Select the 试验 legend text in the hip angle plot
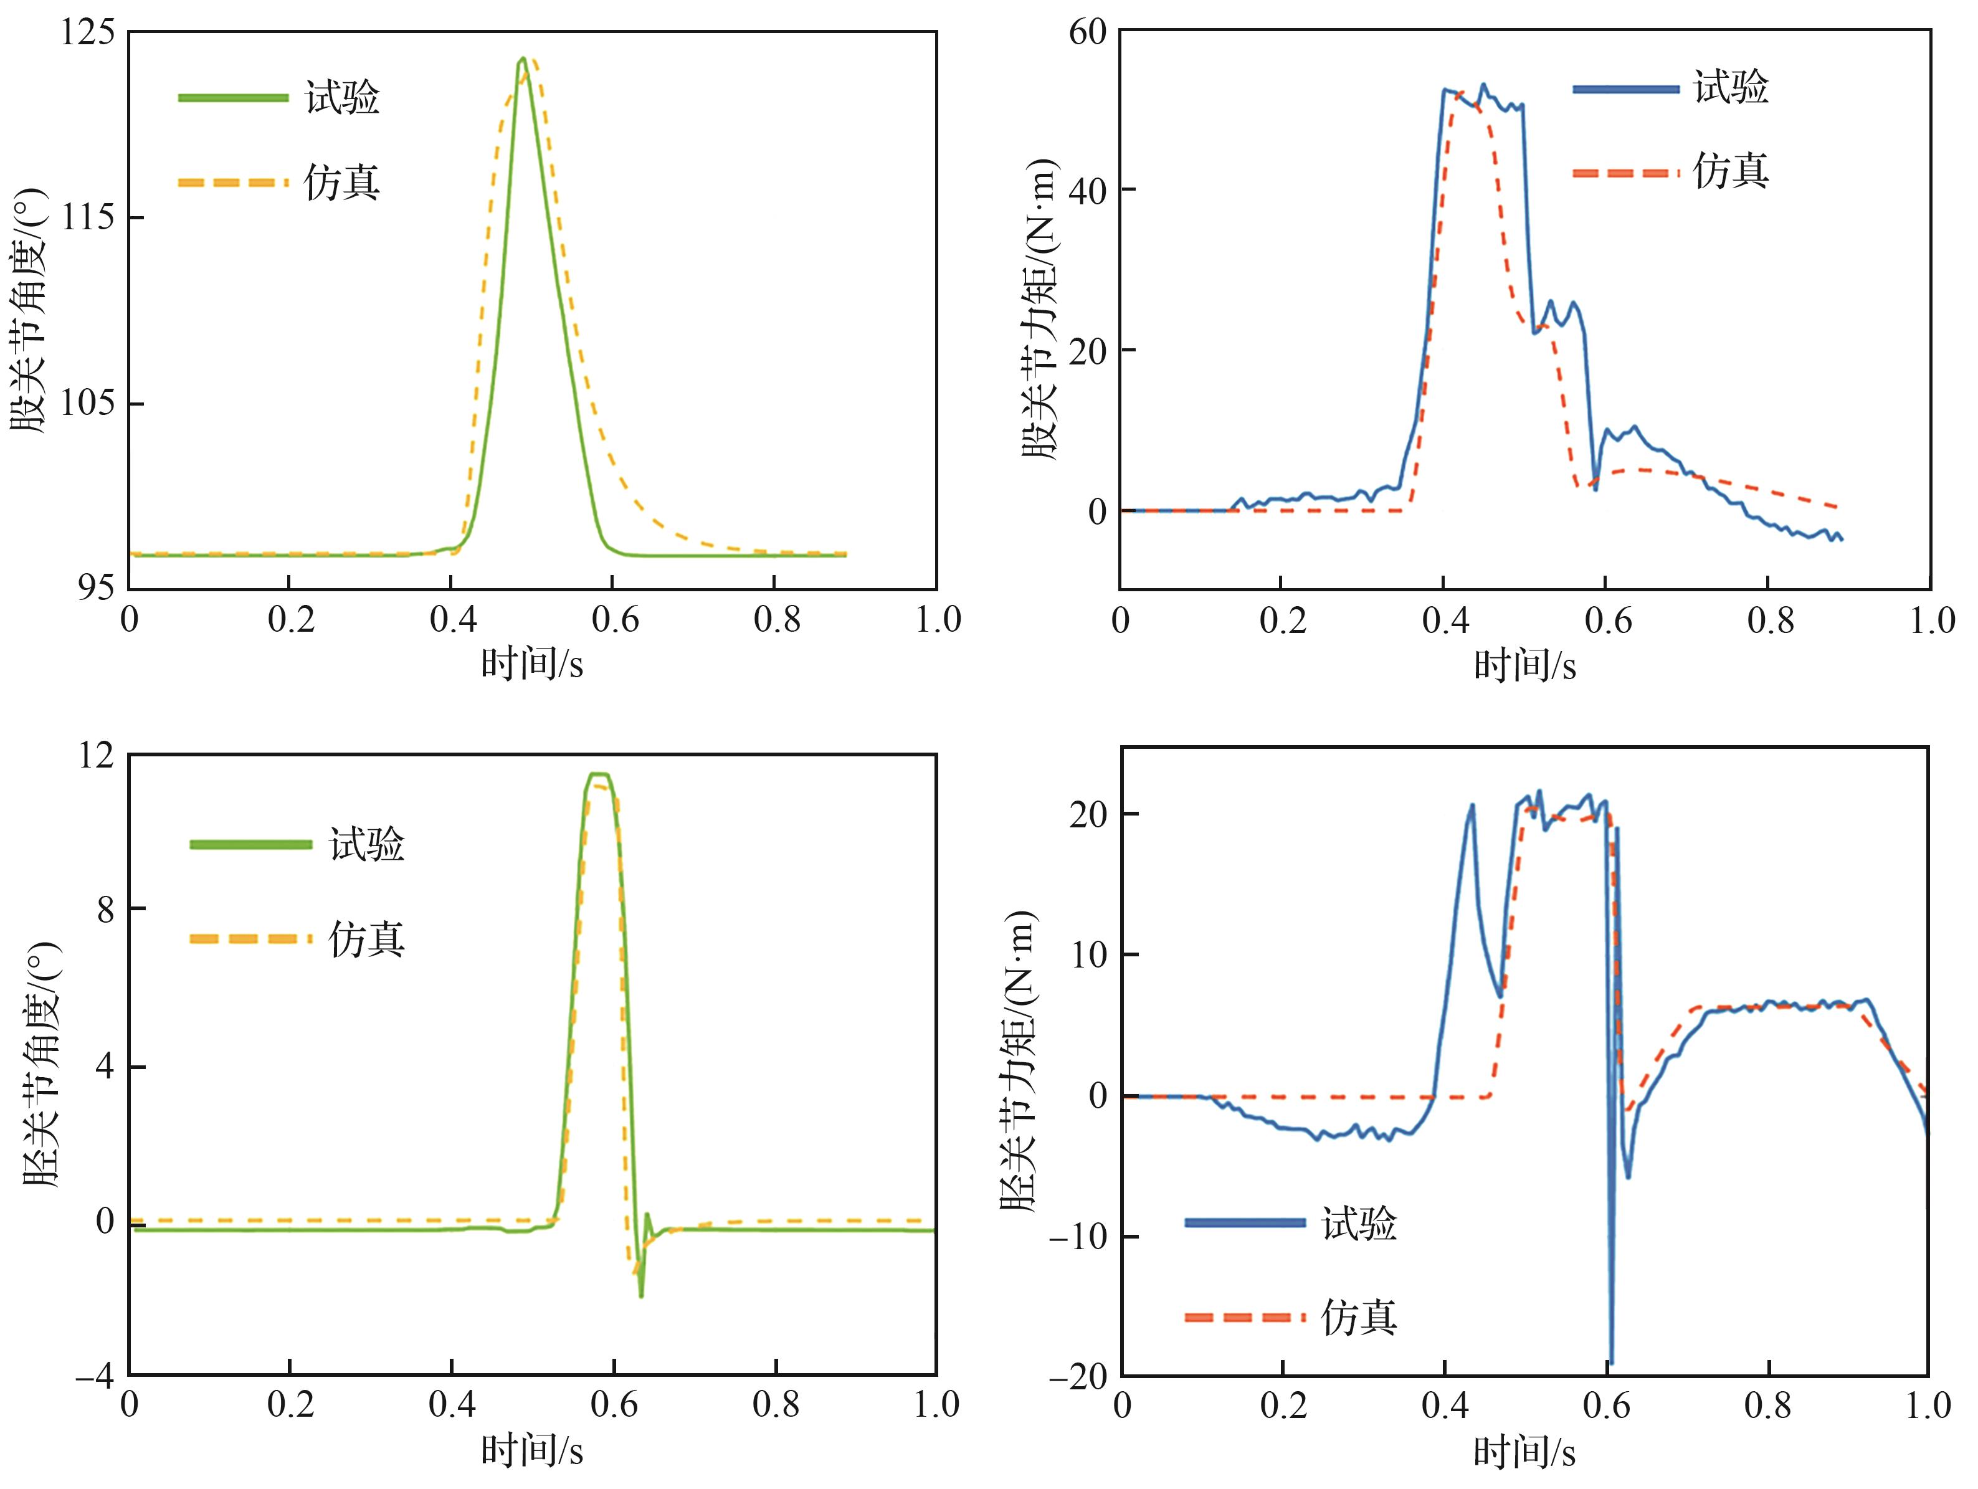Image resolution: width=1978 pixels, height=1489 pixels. click(343, 97)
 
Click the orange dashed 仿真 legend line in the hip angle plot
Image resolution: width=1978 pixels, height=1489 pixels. click(232, 183)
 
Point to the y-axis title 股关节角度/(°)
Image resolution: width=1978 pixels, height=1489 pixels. click(29, 310)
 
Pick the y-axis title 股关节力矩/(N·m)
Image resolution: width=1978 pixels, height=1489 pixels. click(1039, 310)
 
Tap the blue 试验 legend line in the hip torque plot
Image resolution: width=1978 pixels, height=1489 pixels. click(1625, 88)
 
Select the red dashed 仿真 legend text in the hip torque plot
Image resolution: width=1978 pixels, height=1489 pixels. click(1731, 171)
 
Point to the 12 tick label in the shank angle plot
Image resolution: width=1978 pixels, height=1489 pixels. click(96, 756)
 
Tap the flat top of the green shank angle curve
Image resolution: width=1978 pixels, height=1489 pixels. click(598, 774)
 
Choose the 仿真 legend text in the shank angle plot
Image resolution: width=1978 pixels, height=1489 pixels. click(366, 939)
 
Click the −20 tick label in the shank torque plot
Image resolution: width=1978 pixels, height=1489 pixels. click(1078, 1378)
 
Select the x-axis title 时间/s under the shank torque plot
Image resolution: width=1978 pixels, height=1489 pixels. click(1524, 1453)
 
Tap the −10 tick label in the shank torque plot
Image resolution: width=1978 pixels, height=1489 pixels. click(1078, 1238)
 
